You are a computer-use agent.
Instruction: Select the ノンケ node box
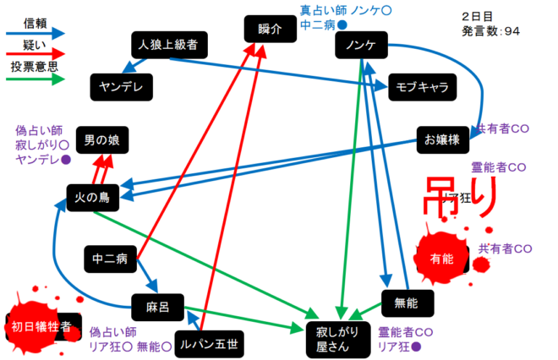360,45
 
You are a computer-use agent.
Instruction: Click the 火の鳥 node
93,197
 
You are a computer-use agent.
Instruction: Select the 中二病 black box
110,259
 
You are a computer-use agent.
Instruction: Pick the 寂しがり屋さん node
338,337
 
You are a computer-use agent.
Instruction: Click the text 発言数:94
491,31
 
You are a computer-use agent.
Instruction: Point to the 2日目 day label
479,15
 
